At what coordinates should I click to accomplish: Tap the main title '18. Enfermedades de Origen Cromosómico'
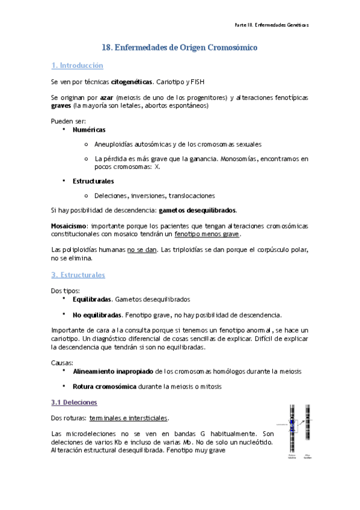(180, 47)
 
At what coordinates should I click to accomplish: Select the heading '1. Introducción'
(77, 66)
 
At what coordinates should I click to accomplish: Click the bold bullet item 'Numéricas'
(89, 129)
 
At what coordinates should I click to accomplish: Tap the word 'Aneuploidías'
(114, 144)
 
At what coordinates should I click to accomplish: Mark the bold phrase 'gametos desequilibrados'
(197, 210)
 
